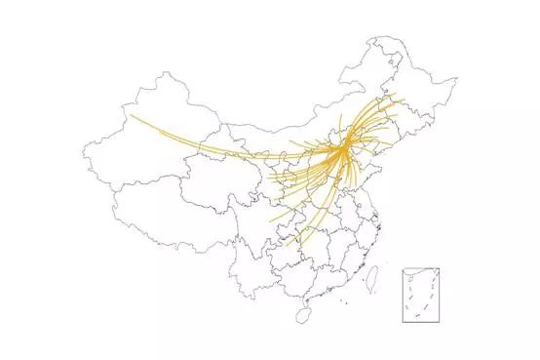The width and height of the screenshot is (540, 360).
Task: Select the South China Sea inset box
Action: pyautogui.click(x=421, y=294)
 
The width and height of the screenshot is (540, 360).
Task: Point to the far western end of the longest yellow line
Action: pyautogui.click(x=132, y=117)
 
